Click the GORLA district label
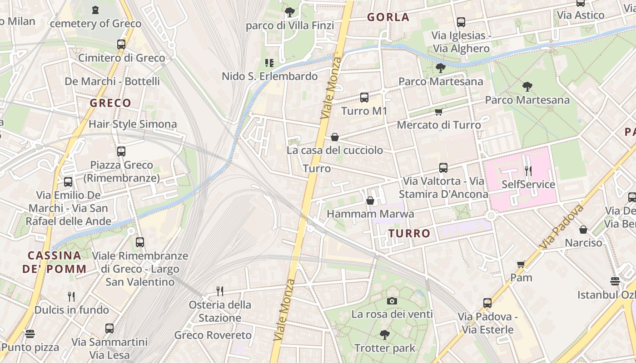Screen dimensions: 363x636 point(388,18)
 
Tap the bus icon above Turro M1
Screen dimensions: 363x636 point(364,97)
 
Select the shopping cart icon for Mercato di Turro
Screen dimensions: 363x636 point(438,112)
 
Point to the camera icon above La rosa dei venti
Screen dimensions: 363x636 point(392,301)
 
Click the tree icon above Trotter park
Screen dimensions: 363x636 point(384,335)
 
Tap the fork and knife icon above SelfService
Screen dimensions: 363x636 point(528,171)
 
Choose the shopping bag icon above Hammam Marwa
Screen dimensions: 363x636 point(370,201)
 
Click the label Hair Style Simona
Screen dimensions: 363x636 point(133,124)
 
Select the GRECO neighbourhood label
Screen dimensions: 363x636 point(110,103)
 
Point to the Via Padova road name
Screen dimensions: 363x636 point(562,227)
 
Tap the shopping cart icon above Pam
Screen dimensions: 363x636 point(521,264)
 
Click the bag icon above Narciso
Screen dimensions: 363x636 point(583,230)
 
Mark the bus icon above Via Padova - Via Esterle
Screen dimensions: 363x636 point(487,303)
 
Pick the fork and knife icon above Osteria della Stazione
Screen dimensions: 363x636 point(220,290)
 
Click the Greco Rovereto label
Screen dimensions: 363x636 point(213,335)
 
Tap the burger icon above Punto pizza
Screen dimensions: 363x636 point(30,334)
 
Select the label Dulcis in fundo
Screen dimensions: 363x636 point(72,310)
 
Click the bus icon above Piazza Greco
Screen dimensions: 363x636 point(121,152)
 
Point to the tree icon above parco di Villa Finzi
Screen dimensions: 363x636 point(289,12)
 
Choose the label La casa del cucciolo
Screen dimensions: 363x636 point(335,150)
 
